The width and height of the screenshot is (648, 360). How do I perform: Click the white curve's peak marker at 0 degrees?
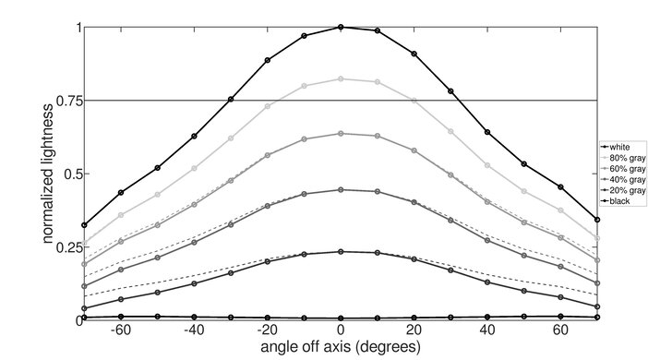[341, 27]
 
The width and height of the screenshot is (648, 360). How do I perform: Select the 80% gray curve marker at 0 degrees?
[341, 79]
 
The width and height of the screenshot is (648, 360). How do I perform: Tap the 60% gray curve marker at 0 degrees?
[341, 134]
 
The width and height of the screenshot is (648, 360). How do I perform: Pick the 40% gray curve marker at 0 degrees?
[341, 190]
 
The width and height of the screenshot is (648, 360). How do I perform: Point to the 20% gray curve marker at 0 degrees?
[341, 252]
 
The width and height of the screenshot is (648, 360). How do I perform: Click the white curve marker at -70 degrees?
[84, 225]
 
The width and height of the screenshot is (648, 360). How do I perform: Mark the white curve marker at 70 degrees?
[597, 220]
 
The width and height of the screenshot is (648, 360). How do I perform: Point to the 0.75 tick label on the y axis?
[65, 101]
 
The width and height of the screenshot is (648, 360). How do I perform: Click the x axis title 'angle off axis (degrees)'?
[341, 347]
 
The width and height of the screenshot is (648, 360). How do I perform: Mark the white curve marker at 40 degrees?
[487, 132]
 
